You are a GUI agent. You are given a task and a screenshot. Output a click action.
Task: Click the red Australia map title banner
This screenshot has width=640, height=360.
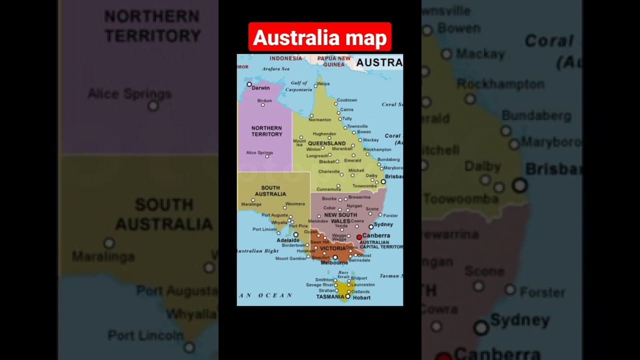(319, 37)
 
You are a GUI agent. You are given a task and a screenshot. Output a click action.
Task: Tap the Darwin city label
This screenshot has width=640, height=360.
(260, 88)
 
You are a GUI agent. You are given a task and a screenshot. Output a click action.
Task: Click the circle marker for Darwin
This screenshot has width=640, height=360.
(249, 84)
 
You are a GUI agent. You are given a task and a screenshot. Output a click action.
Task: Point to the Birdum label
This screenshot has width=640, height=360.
(264, 100)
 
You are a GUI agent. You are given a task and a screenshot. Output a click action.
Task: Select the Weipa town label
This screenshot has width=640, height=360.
(323, 84)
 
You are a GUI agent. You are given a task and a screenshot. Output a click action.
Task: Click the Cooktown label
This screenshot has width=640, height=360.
(346, 100)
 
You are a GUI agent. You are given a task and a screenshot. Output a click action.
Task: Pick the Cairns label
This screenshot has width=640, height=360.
(346, 109)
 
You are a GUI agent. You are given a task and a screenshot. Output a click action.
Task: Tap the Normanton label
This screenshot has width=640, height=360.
(319, 120)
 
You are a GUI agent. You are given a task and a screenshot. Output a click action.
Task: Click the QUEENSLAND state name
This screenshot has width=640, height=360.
(326, 143)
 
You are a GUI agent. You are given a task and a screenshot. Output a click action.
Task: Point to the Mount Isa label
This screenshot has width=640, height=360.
(299, 143)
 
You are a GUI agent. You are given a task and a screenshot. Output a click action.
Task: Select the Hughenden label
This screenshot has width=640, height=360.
(324, 134)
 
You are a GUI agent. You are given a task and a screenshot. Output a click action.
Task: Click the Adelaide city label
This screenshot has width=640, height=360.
(287, 240)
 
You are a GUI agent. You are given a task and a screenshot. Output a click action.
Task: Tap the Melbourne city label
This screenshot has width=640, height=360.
(334, 262)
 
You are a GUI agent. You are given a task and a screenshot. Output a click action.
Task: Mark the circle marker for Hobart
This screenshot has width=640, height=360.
(347, 296)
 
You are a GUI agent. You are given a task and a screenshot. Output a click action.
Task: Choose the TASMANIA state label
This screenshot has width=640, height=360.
(330, 296)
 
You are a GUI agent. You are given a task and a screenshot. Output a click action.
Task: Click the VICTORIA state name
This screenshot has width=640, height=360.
(333, 248)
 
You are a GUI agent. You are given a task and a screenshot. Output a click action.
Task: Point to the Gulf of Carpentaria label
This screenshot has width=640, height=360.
(299, 86)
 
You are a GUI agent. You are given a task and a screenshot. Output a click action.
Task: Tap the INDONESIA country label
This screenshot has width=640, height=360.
(285, 58)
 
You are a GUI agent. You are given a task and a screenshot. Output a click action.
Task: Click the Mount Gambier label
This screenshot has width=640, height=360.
(290, 258)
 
